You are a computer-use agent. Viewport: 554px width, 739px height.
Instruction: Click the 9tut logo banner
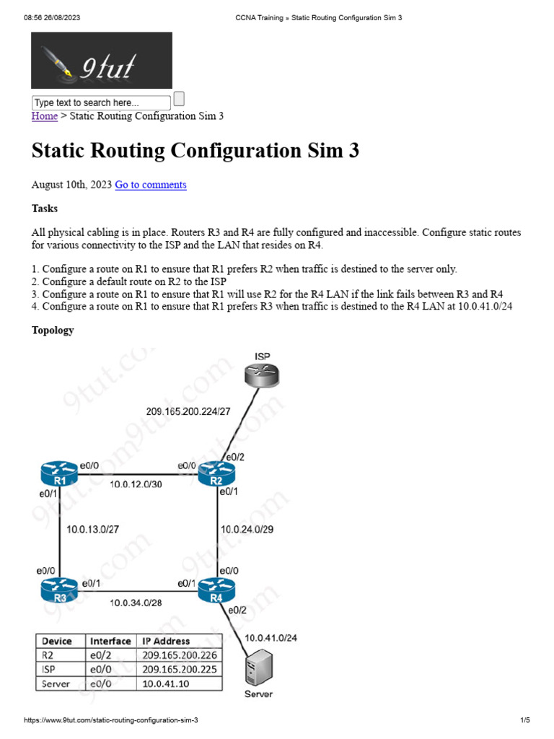point(102,61)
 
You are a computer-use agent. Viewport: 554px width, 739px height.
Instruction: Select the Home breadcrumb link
point(44,116)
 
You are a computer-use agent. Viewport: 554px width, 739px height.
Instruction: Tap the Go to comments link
point(151,185)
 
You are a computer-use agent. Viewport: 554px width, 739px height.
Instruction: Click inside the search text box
point(101,102)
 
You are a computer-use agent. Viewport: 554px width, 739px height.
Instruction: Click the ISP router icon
point(262,375)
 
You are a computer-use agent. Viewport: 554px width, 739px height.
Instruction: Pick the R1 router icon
point(59,473)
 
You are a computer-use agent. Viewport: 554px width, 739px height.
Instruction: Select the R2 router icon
point(216,473)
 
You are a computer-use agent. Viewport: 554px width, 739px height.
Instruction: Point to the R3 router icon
point(59,590)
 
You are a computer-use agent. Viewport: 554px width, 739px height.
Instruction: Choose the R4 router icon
point(216,590)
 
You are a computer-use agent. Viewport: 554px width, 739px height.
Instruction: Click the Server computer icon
point(259,668)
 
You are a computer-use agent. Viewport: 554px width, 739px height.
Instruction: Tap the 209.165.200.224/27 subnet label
point(188,411)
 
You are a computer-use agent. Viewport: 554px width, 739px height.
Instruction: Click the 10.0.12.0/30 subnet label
point(136,484)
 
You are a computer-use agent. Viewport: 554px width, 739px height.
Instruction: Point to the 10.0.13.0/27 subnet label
point(92,529)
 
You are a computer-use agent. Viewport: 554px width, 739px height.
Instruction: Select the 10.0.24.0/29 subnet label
point(247,529)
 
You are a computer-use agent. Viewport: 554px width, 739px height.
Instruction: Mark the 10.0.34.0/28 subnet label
point(136,603)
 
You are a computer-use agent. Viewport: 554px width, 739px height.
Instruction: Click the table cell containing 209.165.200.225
point(179,669)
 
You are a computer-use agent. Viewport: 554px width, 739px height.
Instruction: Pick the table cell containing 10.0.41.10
point(179,683)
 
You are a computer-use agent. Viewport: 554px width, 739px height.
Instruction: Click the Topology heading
point(53,331)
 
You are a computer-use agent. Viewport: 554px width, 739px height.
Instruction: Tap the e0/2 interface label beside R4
point(237,611)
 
